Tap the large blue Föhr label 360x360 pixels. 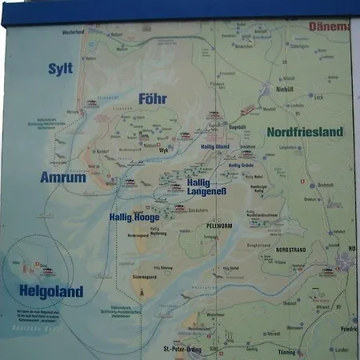pos(152,99)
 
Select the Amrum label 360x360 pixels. pos(62,178)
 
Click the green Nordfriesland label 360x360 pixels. pos(305,132)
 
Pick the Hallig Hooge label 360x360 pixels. pos(137,217)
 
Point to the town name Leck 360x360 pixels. pos(319,98)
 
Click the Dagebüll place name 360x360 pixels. pos(238,126)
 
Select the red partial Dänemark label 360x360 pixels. pos(330,26)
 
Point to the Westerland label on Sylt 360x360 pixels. pos(70,32)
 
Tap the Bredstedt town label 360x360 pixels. pos(325,185)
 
